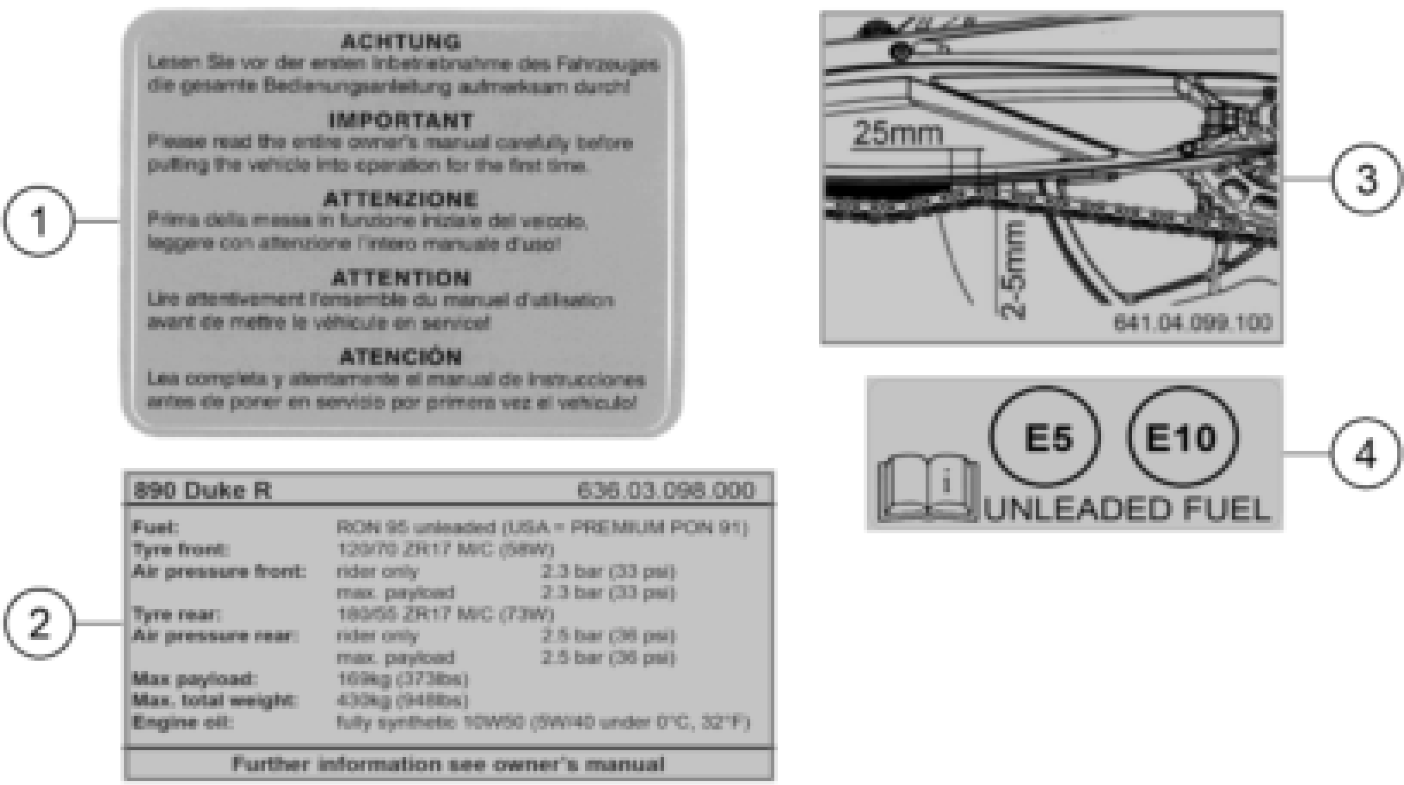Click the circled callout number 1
(x=38, y=221)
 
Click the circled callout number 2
(x=38, y=623)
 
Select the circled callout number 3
(x=1366, y=179)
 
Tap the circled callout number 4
(x=1365, y=453)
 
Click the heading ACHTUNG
(x=401, y=42)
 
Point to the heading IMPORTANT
(x=401, y=121)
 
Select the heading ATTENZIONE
(x=401, y=199)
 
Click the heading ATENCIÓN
(x=401, y=357)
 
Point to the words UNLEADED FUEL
(x=1127, y=510)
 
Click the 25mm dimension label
(x=898, y=133)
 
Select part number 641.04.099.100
(x=1193, y=322)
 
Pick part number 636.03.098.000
(x=666, y=490)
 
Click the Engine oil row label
(x=183, y=722)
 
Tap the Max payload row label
(x=194, y=679)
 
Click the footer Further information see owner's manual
(x=448, y=764)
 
